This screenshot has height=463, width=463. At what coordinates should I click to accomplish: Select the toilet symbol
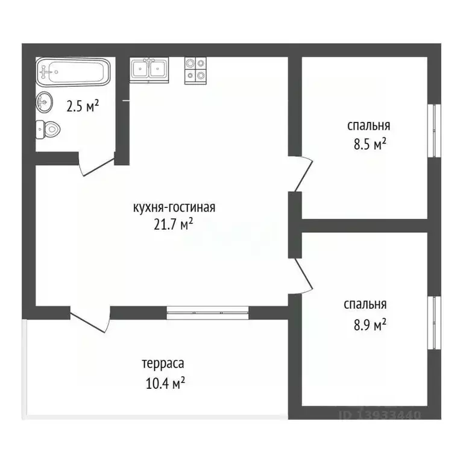point(48,128)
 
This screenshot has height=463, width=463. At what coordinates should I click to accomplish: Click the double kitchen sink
point(149,70)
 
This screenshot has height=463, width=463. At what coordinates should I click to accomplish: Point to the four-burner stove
point(195,70)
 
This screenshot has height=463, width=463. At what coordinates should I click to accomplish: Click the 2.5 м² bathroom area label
point(83,107)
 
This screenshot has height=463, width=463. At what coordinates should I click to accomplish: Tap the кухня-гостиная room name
point(174,208)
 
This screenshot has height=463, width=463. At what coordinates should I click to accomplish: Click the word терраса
point(163,364)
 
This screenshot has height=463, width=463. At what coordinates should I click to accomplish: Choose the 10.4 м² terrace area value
point(163,382)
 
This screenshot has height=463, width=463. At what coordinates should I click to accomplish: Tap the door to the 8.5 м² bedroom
point(301,174)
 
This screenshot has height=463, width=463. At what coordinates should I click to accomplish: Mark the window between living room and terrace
point(207,312)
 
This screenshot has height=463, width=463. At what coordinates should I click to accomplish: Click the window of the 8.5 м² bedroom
point(433,131)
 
